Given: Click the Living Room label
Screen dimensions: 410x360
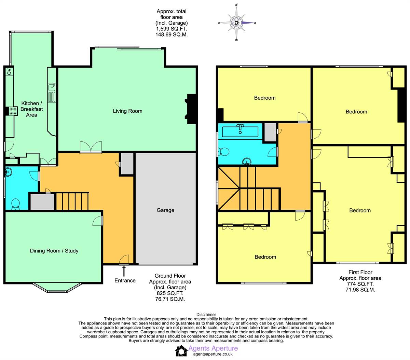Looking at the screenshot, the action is pos(127,111).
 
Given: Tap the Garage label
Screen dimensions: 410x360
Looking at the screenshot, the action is pos(165,210).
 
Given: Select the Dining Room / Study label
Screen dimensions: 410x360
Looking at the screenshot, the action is pos(54,251).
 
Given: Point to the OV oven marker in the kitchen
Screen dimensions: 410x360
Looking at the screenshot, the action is pos(9,72).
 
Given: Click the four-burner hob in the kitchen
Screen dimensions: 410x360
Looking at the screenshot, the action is pos(13,111).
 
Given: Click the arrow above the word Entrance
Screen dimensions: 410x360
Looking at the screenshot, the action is pos(124,271).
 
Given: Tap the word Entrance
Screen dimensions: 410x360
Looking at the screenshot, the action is pos(125,280).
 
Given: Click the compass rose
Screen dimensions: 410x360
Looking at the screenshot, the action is pos(236,23).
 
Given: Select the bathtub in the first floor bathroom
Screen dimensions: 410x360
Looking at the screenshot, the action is pos(240,132).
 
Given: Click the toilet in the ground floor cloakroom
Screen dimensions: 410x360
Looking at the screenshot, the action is pos(15,204).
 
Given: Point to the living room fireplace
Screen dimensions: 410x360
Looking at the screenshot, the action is pos(191,109).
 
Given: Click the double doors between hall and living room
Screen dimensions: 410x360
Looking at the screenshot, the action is pos(91,147).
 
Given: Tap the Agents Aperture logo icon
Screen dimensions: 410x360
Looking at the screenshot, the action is pos(181,351).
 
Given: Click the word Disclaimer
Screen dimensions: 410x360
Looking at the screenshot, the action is pos(206,315).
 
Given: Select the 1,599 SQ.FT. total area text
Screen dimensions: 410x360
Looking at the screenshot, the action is pos(172,29).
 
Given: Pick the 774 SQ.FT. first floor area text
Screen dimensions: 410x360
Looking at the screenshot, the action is pos(360,284).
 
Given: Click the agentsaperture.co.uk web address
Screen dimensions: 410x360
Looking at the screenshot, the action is pos(213,354).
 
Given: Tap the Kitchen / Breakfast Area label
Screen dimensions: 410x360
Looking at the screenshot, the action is pos(31,109).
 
